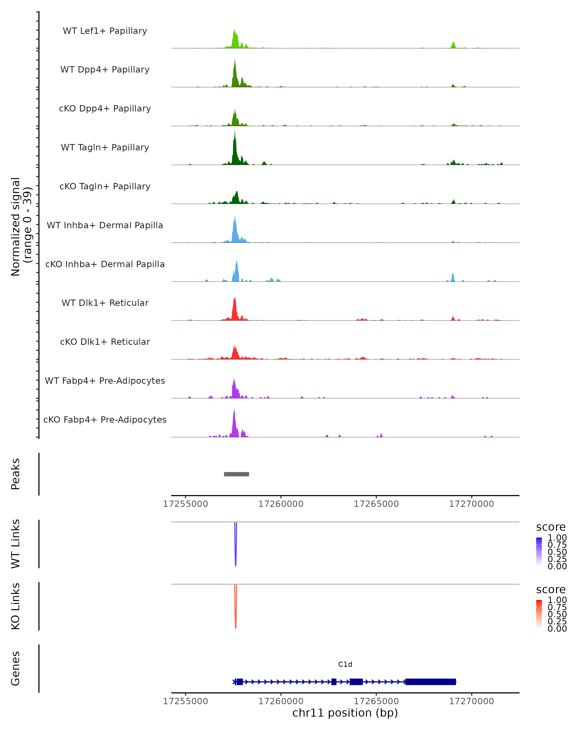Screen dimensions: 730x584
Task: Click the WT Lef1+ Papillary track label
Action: (105, 31)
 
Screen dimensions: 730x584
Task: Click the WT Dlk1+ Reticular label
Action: (105, 303)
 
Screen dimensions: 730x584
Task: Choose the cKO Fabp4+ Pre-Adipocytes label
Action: (105, 420)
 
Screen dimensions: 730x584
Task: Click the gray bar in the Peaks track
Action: (236, 474)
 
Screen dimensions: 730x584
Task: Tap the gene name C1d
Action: (345, 664)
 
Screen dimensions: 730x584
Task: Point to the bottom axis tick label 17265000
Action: (376, 701)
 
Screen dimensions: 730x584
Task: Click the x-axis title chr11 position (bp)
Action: (345, 713)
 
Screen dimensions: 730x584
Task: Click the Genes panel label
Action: (15, 668)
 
